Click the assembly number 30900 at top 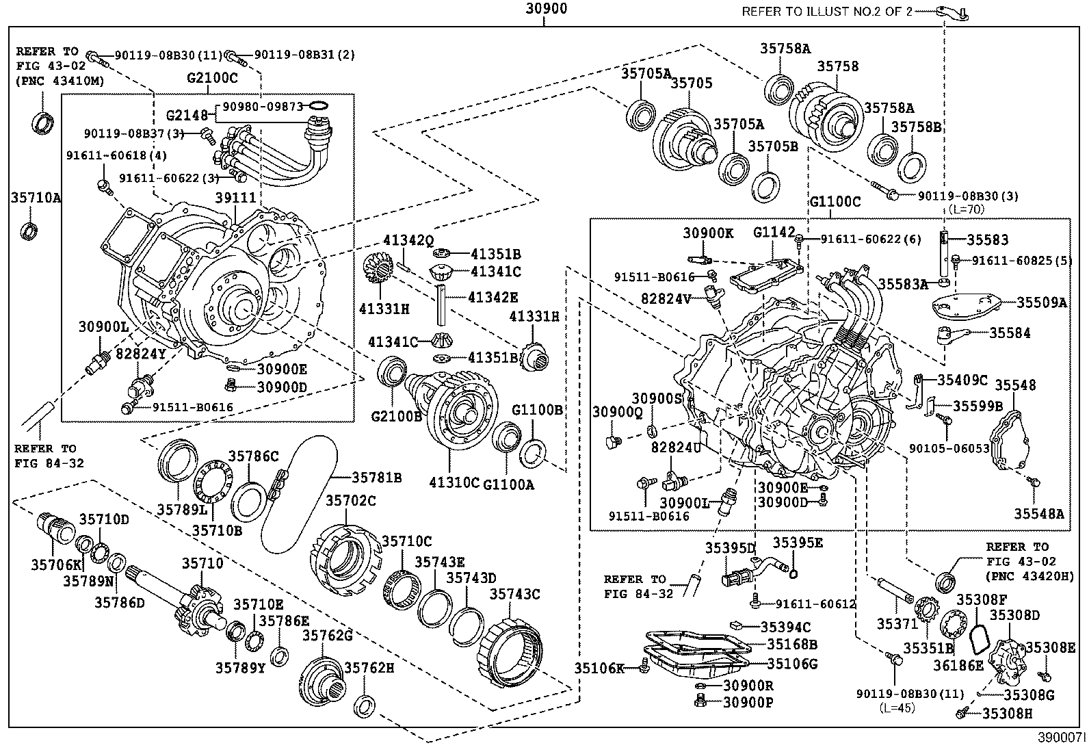pyautogui.click(x=546, y=10)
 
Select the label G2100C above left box pyautogui.click(x=212, y=78)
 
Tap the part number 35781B pyautogui.click(x=376, y=477)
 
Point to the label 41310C pyautogui.click(x=454, y=483)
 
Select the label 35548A pyautogui.click(x=1038, y=513)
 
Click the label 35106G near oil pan pyautogui.click(x=792, y=664)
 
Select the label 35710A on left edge pyautogui.click(x=36, y=198)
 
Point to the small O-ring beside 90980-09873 pyautogui.click(x=318, y=105)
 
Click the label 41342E pyautogui.click(x=493, y=297)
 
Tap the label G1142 pyautogui.click(x=774, y=233)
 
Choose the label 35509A pyautogui.click(x=1041, y=302)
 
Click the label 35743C pyautogui.click(x=514, y=594)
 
